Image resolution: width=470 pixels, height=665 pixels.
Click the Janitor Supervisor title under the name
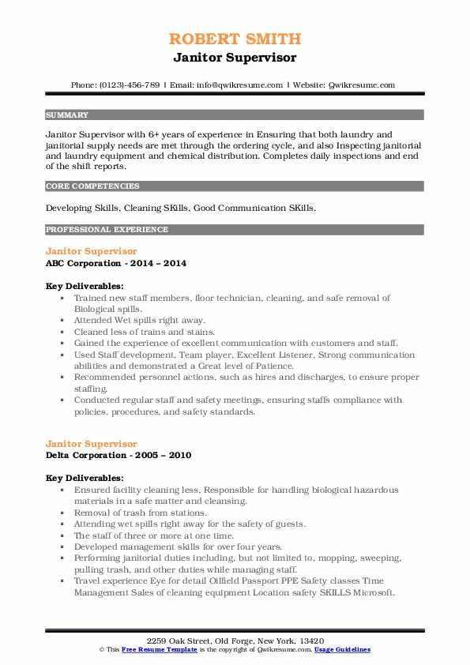pos(235,57)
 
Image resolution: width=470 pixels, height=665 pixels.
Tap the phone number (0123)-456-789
pos(126,85)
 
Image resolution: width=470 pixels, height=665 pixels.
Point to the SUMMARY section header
pos(67,115)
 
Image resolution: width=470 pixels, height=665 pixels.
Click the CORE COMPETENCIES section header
pos(92,186)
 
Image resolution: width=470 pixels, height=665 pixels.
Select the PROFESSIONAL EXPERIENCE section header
pos(107,230)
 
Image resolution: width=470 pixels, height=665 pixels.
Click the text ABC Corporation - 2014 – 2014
pos(116,263)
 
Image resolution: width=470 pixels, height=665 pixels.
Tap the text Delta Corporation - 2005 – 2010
pos(118,455)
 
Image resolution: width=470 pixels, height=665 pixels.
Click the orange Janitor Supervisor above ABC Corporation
pos(91,251)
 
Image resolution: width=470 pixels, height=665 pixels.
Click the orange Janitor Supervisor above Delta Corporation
pos(91,444)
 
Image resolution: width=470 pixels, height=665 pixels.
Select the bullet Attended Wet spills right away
pos(139,321)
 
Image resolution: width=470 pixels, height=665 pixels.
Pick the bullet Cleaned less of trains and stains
pos(144,332)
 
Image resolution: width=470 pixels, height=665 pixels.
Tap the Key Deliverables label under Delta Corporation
pos(85,478)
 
